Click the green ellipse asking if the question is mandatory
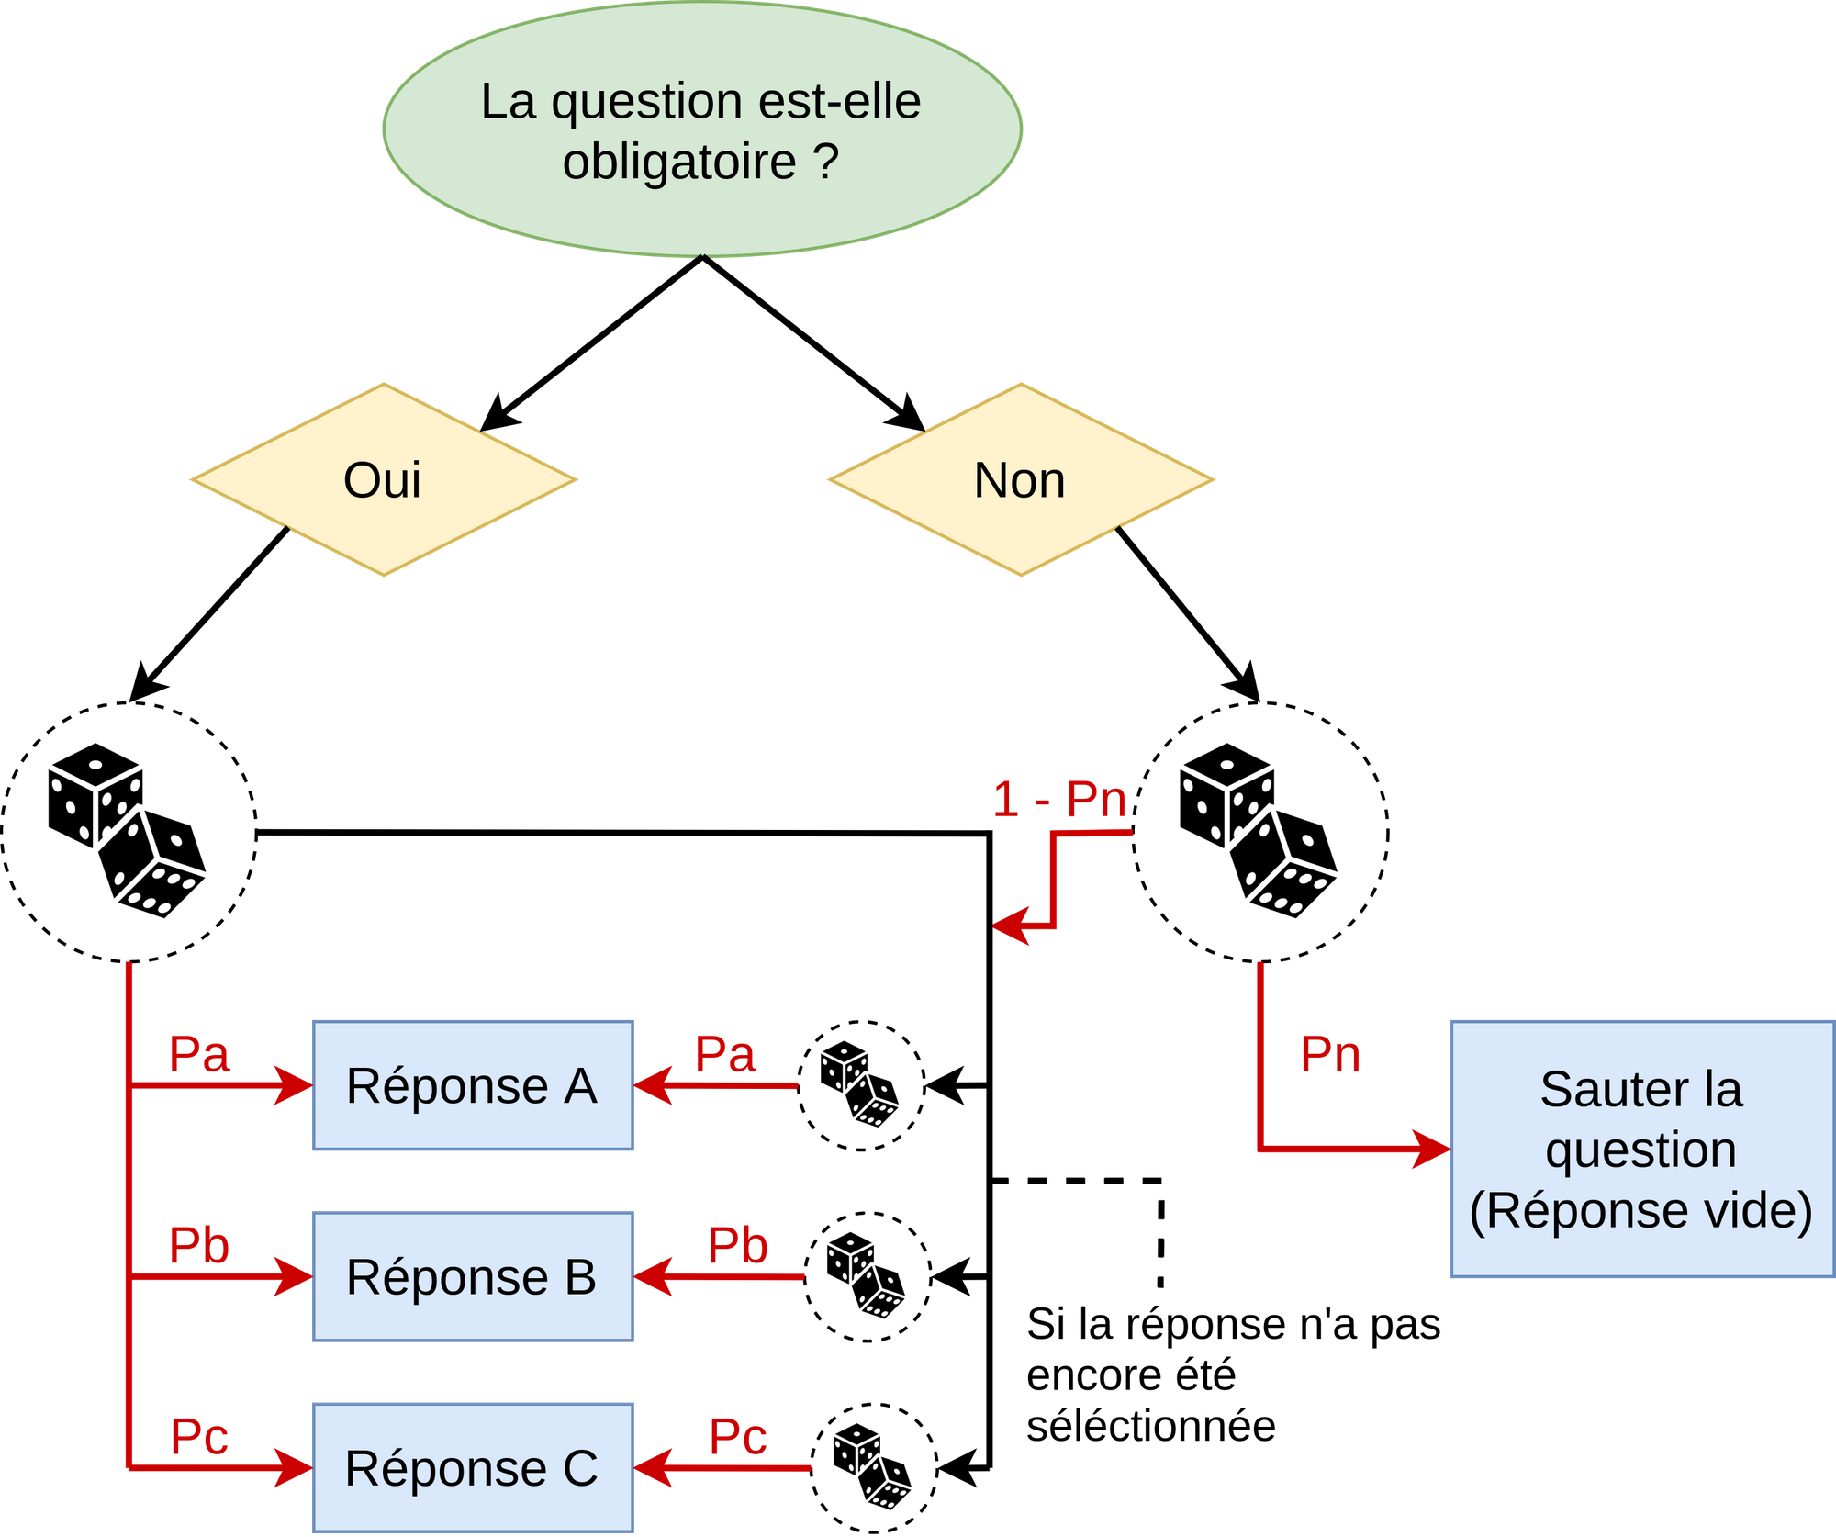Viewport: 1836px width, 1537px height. tap(702, 129)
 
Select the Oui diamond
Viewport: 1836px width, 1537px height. tap(384, 480)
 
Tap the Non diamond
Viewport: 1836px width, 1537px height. tap(1021, 480)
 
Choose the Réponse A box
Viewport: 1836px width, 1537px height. tap(472, 1085)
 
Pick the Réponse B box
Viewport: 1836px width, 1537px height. tap(472, 1276)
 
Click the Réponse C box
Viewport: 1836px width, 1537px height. tap(472, 1467)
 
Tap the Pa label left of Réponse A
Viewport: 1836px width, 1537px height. tap(200, 1054)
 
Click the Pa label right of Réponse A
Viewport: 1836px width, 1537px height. tap(725, 1054)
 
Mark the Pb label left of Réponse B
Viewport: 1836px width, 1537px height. tap(200, 1245)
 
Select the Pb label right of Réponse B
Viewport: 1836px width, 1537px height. tap(737, 1245)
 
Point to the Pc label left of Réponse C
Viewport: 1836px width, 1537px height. tap(199, 1436)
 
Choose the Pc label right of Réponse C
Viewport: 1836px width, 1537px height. tap(738, 1436)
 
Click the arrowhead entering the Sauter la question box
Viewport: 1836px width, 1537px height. tap(1432, 1148)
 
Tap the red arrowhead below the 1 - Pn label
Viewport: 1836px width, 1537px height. tap(1013, 925)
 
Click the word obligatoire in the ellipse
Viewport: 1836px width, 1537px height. tap(679, 162)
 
